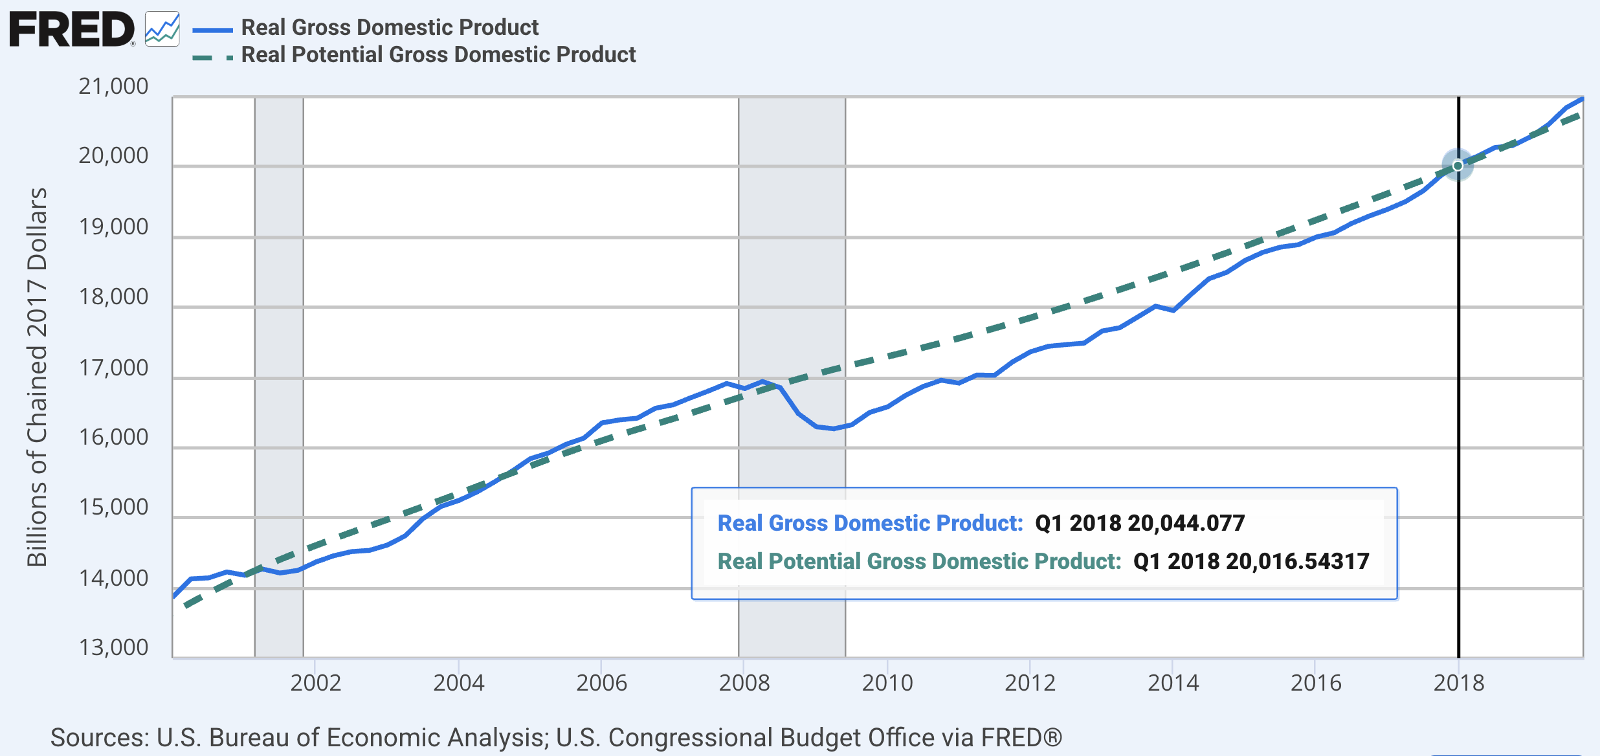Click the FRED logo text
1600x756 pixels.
coord(71,29)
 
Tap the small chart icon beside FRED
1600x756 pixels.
coord(162,29)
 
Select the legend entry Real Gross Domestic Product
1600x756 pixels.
coord(389,27)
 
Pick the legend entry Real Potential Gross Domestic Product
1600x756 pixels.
coord(438,55)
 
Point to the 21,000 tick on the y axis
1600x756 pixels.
coord(113,86)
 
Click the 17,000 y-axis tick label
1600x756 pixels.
coord(113,368)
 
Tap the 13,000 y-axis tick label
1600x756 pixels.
coord(113,647)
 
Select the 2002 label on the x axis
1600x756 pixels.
coord(315,683)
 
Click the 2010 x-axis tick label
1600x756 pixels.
coord(887,683)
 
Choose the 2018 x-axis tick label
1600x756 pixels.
coord(1458,683)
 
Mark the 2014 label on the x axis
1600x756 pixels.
coord(1173,683)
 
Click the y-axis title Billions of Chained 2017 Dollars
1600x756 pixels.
coord(37,377)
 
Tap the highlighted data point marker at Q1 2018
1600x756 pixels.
coord(1458,166)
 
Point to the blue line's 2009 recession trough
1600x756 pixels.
coord(834,428)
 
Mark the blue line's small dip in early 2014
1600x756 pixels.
coord(1173,310)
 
